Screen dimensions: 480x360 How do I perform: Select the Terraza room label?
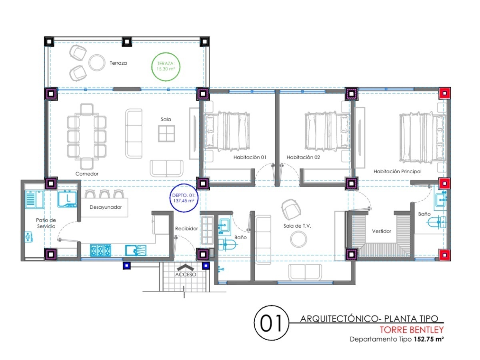tap(118, 63)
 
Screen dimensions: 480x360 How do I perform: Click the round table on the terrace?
tap(97, 63)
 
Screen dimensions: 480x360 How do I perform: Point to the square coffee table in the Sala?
tap(166, 133)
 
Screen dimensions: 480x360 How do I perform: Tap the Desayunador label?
tap(106, 207)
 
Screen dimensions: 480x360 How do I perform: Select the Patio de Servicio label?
tap(46, 223)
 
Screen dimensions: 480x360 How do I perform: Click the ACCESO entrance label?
tap(186, 274)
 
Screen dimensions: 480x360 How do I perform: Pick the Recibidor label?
tap(186, 229)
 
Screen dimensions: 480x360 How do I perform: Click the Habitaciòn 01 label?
tap(250, 157)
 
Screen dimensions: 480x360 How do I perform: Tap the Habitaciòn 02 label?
tap(303, 157)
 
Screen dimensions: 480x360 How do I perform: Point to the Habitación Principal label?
tap(397, 171)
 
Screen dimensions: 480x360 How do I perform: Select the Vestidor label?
tap(382, 231)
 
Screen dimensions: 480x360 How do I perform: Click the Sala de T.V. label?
tap(297, 226)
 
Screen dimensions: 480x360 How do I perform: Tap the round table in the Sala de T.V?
tap(298, 239)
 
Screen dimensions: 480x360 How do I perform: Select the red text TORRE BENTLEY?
tap(412, 330)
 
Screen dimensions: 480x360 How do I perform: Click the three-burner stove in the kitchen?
tap(100, 250)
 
